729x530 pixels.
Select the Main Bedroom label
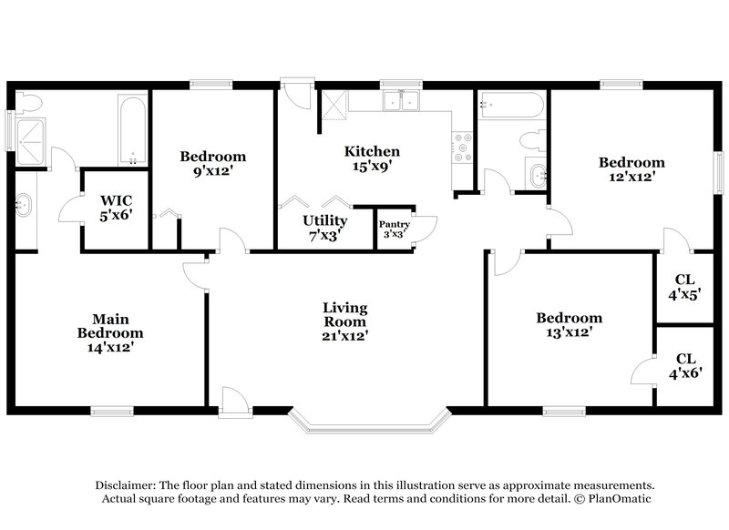(110, 333)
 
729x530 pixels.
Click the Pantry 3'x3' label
(395, 229)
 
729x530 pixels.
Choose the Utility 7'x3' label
(324, 228)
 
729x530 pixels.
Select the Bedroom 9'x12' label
(212, 163)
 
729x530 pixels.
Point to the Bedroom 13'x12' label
(569, 325)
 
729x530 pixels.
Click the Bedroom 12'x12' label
(631, 170)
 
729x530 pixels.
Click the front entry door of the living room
(233, 402)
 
